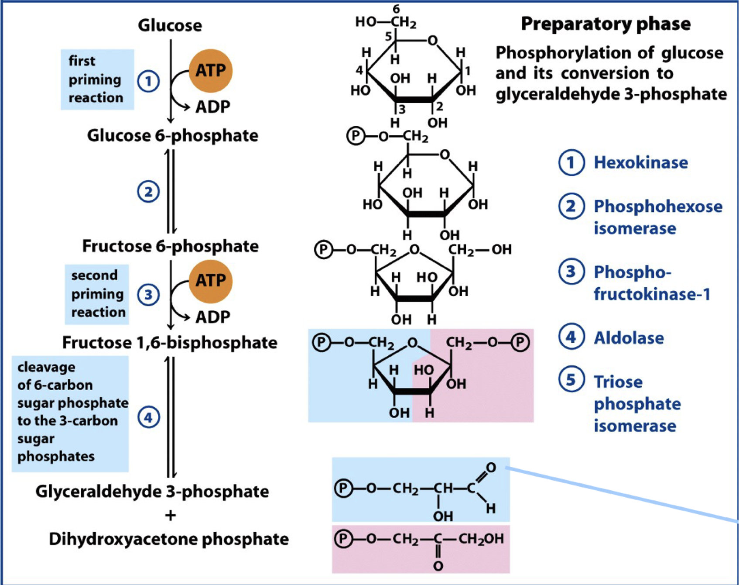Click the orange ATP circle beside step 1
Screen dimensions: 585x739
click(x=211, y=71)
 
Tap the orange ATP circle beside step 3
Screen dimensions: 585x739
click(x=211, y=281)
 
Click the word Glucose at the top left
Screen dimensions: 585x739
click(x=170, y=25)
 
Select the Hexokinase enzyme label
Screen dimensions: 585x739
click(x=640, y=162)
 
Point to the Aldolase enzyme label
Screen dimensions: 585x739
click(x=629, y=338)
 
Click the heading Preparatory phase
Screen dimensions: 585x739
click(x=606, y=24)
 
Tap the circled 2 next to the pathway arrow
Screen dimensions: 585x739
click(x=148, y=192)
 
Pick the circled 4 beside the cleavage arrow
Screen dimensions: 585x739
click(x=148, y=417)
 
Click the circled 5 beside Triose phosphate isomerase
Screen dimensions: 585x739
click(x=571, y=379)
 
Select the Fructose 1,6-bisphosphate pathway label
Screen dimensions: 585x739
click(x=170, y=343)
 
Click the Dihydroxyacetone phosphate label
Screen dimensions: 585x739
click(x=169, y=539)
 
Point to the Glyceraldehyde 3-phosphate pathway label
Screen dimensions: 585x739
click(x=152, y=491)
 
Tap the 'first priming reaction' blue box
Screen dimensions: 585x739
click(x=97, y=79)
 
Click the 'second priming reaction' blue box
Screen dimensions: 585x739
click(x=97, y=294)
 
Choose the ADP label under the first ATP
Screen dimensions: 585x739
click(x=212, y=107)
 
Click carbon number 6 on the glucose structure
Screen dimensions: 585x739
click(x=396, y=9)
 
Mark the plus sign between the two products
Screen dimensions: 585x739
click(x=171, y=515)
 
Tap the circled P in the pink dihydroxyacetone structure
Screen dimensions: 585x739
click(x=343, y=539)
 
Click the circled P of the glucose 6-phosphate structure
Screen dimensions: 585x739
click(x=356, y=136)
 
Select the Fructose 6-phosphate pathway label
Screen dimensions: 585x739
click(x=170, y=246)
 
